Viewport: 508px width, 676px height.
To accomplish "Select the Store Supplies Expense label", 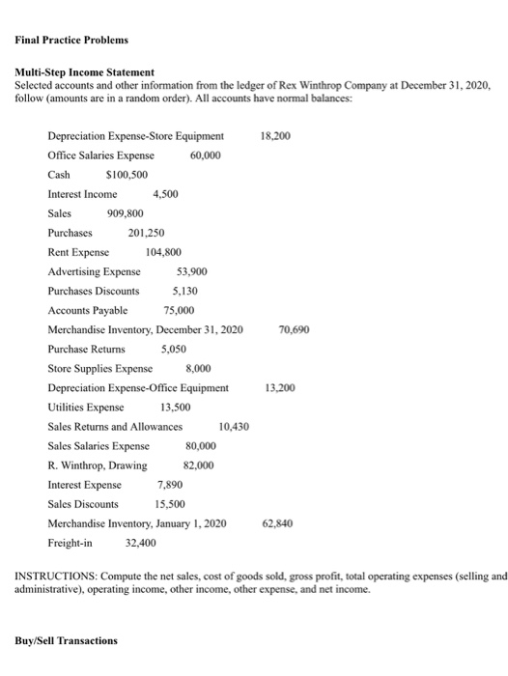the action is click(99, 368).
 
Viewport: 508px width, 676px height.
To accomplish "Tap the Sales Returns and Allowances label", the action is click(115, 427).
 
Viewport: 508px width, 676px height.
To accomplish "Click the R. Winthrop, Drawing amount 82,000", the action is click(199, 465).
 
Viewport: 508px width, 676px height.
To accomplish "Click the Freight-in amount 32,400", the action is click(142, 543).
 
